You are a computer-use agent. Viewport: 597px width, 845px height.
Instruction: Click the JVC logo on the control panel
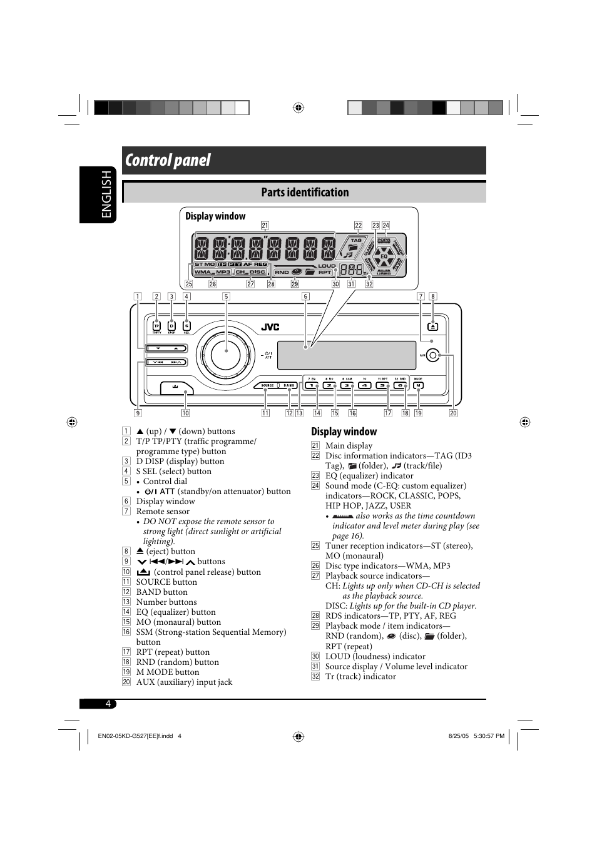270,327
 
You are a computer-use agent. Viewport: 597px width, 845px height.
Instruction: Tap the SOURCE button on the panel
267,385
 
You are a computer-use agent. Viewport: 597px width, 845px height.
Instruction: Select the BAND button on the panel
288,385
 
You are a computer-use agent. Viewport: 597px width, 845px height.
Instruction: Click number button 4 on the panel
364,385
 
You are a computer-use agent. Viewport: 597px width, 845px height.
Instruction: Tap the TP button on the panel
156,326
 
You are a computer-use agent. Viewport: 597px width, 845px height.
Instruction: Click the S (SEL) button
186,326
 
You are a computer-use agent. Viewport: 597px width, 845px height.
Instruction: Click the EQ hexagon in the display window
384,256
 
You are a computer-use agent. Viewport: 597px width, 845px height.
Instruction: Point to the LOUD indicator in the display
327,266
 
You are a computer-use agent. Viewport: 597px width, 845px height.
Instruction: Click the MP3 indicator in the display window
223,272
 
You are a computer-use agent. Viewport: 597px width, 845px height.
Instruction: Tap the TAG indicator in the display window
356,240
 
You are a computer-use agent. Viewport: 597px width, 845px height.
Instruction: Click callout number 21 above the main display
265,226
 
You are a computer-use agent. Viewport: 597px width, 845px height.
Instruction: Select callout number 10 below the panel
185,413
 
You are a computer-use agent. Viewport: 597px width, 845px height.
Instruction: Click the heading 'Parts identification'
305,193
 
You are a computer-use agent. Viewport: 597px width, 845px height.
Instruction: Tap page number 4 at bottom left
108,704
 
